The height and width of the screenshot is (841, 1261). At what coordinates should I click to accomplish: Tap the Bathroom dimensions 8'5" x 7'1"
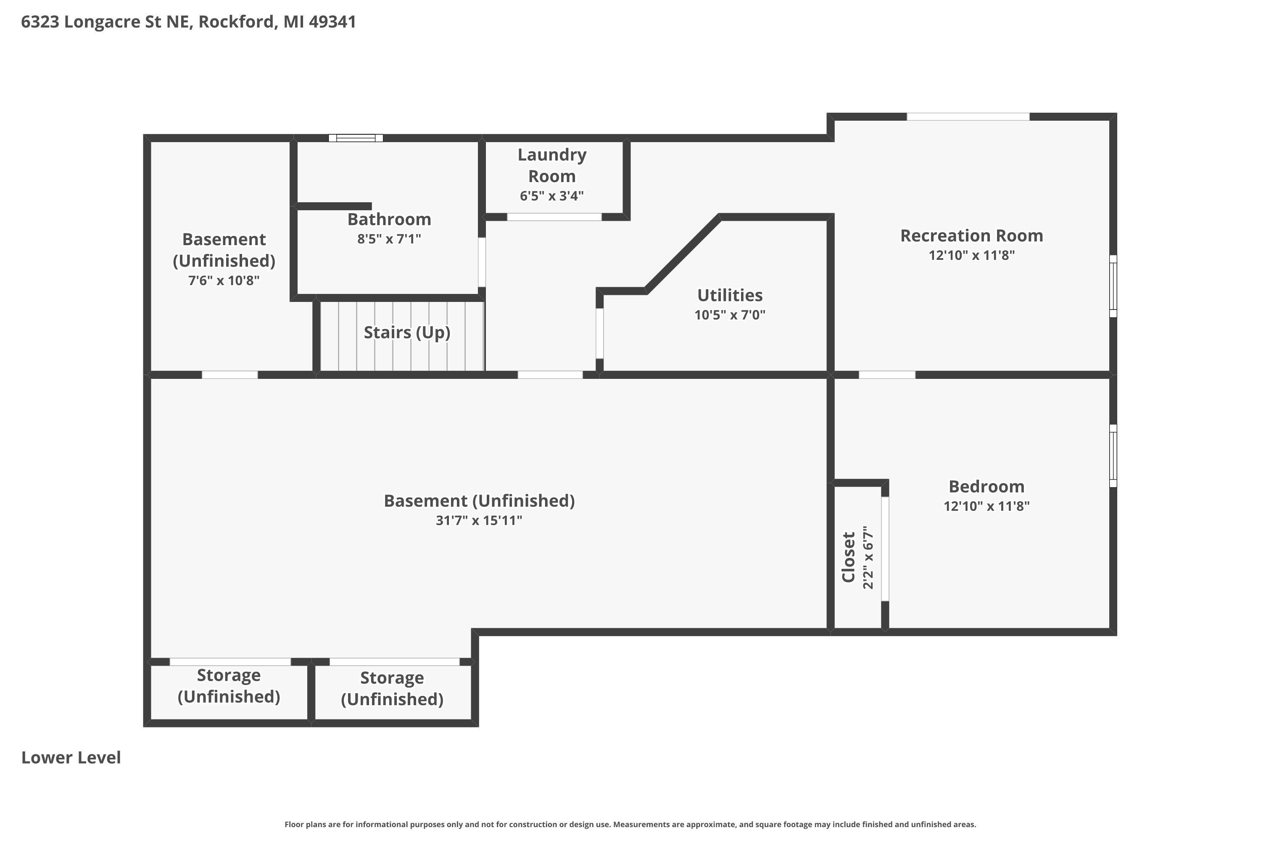[389, 239]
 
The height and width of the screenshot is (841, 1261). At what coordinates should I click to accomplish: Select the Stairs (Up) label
[407, 333]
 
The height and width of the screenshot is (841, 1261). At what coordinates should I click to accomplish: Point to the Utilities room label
[730, 295]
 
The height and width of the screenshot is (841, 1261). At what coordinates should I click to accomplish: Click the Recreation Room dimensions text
[971, 255]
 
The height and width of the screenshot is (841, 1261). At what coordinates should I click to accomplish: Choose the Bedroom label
[987, 487]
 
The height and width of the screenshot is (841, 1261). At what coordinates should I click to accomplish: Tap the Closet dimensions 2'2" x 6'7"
[868, 557]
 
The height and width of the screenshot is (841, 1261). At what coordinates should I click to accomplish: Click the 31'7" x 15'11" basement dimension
[479, 520]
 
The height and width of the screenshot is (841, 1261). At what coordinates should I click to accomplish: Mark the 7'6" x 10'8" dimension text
[224, 280]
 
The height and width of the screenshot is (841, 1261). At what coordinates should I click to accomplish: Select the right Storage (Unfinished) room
[393, 692]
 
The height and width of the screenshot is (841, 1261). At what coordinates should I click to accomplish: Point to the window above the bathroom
[356, 138]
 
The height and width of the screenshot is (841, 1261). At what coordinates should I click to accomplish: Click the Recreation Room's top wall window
[968, 116]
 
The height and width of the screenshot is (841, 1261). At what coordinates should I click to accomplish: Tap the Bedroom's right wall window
[1113, 456]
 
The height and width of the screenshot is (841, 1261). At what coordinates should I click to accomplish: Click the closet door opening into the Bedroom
[885, 549]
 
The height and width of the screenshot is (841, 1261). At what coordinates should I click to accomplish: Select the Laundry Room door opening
[554, 217]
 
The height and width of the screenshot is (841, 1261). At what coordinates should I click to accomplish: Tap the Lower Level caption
[71, 757]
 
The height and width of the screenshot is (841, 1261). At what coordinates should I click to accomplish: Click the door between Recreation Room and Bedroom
[887, 374]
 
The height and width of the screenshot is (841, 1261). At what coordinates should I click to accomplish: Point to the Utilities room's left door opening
[599, 333]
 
